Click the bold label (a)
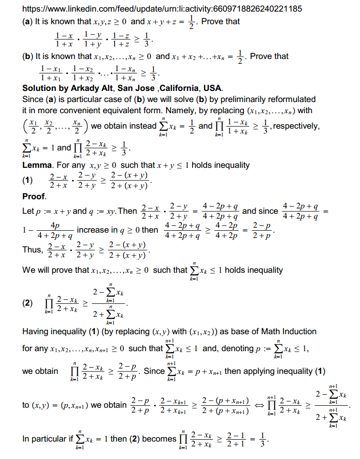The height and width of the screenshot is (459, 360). (x=28, y=21)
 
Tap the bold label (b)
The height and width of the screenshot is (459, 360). (x=28, y=56)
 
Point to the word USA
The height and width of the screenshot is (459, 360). (x=213, y=88)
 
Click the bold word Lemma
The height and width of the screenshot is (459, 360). (x=37, y=165)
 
